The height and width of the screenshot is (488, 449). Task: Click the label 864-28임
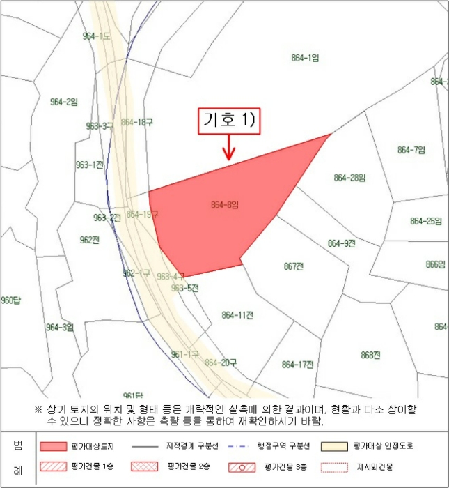pos(349,178)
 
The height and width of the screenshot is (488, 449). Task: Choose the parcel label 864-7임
pos(411,150)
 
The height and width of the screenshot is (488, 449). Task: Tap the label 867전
pos(294,266)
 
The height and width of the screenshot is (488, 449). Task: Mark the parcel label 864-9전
pos(341,243)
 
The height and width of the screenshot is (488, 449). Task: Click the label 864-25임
pos(426,222)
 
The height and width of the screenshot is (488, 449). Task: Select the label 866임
pos(435,265)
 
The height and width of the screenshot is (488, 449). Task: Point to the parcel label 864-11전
pos(237,315)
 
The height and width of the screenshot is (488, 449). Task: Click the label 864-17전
pos(298,364)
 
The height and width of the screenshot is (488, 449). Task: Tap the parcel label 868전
pos(370,355)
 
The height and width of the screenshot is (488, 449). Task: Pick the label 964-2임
pos(64,102)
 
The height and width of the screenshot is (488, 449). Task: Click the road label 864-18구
pos(136,122)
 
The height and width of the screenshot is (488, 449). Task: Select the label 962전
pos(90,240)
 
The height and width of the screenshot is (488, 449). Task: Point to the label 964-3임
pos(60,328)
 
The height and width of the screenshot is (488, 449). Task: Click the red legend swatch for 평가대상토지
pos(57,446)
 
